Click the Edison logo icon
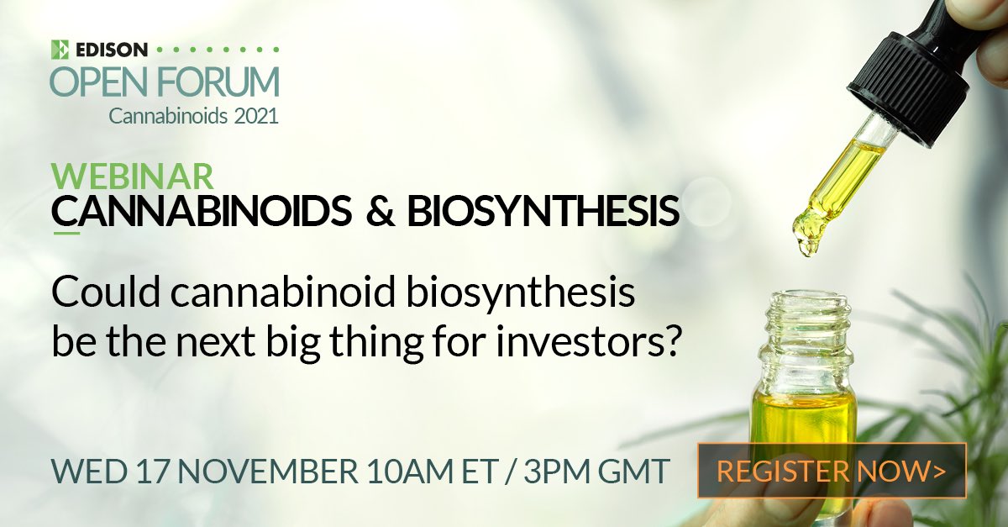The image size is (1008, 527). (x=60, y=49)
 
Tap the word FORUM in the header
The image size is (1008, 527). (x=218, y=82)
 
